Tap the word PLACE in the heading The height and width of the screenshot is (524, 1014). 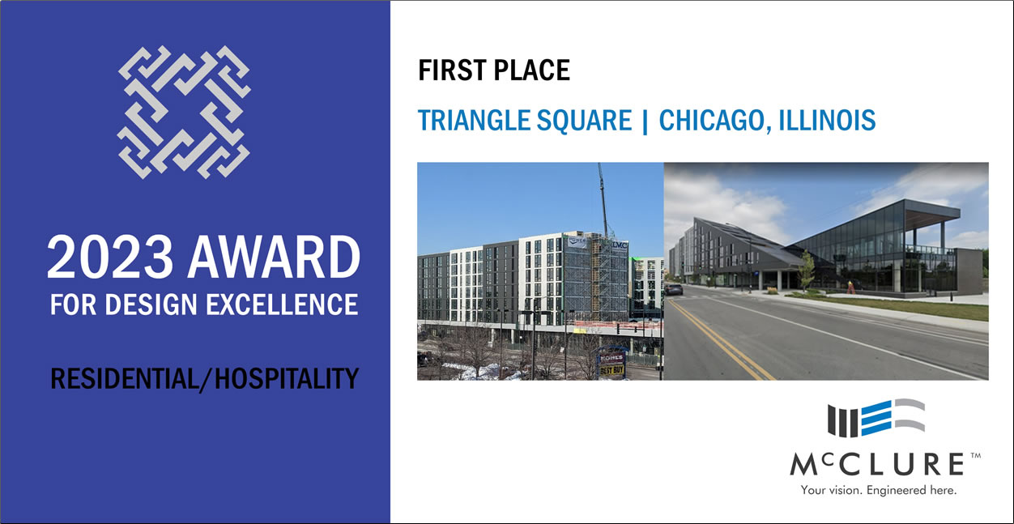(x=532, y=70)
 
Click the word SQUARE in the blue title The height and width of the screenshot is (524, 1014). (x=585, y=121)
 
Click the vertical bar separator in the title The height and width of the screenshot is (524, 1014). (x=645, y=121)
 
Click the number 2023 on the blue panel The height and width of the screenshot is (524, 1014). (x=110, y=257)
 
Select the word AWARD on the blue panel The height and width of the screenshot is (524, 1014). (x=274, y=257)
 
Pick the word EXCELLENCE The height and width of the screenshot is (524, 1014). (x=283, y=305)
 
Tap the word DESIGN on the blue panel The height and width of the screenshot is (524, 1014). (x=151, y=305)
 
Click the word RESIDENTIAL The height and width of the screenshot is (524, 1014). (x=125, y=379)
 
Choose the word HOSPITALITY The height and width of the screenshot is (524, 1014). (x=287, y=379)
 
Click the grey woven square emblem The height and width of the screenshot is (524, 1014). (x=184, y=113)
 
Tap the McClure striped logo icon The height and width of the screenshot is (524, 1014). (x=876, y=418)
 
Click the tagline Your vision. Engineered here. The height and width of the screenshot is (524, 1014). (x=879, y=490)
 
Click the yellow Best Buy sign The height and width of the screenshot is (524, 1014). (x=612, y=371)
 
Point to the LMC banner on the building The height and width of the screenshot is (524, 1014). (x=620, y=245)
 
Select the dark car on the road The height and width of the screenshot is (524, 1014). (x=673, y=289)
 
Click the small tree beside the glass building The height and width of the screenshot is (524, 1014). (x=806, y=271)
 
